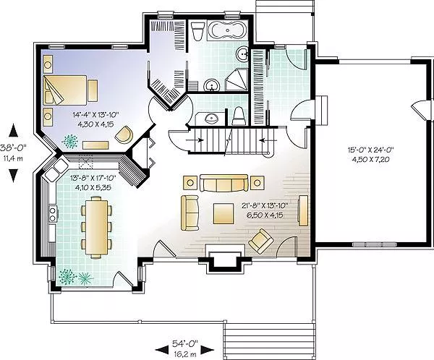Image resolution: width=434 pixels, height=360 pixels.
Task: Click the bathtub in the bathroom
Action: coord(226,30)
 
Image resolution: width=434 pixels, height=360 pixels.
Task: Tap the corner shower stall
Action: coord(237,80)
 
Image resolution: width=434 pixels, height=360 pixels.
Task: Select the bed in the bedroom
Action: coord(65,90)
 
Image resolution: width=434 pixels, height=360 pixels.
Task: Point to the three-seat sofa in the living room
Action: coord(224,183)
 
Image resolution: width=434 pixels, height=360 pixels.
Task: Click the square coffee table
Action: coord(223,213)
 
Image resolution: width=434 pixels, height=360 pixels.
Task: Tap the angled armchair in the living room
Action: coord(261,241)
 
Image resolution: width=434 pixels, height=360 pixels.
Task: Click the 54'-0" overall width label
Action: coord(185,343)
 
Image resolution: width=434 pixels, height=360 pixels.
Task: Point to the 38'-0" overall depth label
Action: coord(13,147)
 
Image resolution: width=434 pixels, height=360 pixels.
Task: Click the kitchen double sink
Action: coord(56,171)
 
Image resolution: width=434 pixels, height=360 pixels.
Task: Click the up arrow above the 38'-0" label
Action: coord(13,130)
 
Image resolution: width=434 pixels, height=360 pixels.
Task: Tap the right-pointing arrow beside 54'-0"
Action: coord(207,350)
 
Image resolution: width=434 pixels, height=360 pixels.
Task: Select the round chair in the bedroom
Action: coord(124,134)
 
